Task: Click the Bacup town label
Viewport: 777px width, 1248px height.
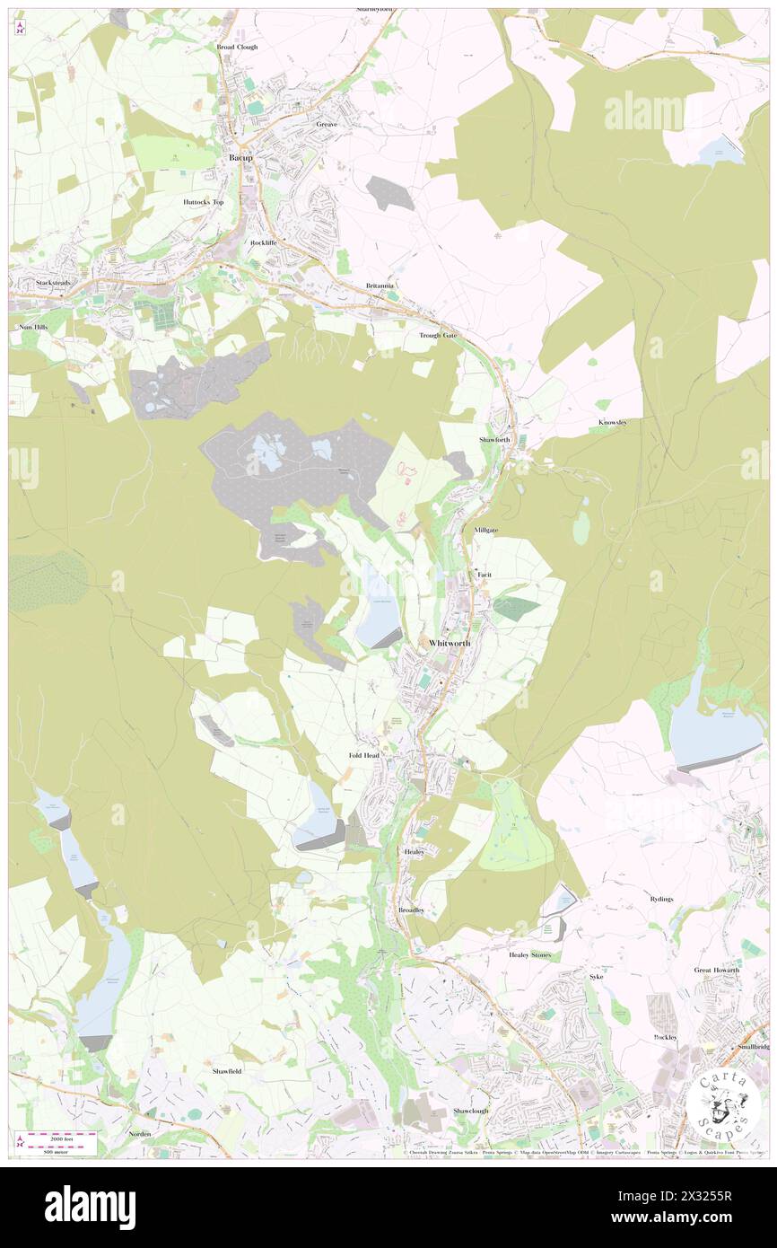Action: pos(240,157)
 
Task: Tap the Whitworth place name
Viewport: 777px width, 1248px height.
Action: pos(450,643)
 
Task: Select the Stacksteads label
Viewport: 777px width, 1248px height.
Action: pos(53,283)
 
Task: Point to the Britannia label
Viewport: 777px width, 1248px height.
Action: pos(380,286)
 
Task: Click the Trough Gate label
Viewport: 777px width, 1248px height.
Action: pos(438,335)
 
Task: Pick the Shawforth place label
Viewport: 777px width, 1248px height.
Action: pos(494,440)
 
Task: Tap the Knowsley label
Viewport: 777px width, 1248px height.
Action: pos(613,422)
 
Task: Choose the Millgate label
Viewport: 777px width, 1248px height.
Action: pos(485,531)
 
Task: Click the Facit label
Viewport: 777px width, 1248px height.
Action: pos(485,574)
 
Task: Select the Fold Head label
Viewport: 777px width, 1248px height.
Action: pos(364,756)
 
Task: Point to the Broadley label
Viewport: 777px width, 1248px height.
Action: pos(411,910)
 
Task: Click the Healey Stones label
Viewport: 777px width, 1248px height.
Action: pos(530,954)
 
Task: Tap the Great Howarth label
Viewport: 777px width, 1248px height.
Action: pos(716,970)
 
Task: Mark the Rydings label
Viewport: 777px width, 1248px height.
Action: pos(660,899)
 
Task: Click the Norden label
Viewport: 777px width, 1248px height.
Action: pos(139,1134)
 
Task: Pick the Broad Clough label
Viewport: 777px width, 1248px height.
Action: pos(237,47)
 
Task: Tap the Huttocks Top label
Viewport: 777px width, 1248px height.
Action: pos(204,202)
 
